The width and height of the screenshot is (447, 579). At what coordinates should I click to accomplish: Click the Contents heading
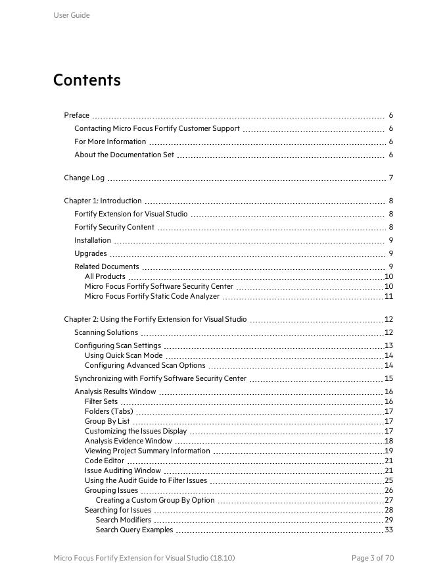[x=87, y=80]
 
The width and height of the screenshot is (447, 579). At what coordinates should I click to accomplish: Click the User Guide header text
[x=72, y=15]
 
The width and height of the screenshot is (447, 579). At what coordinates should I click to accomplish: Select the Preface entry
[x=76, y=115]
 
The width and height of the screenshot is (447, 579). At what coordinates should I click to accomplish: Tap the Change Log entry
[x=84, y=178]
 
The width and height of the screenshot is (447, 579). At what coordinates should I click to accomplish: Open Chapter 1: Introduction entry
[x=103, y=201]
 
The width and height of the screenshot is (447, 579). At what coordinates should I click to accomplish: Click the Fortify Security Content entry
[x=114, y=227]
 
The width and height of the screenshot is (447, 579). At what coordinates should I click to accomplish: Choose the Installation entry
[x=93, y=240]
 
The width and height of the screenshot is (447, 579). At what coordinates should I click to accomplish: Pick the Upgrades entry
[x=91, y=253]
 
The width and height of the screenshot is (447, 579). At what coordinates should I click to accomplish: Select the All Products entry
[x=105, y=276]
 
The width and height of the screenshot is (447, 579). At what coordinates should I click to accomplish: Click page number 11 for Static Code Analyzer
[x=388, y=296]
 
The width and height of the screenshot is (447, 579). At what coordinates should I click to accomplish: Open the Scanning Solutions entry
[x=106, y=332]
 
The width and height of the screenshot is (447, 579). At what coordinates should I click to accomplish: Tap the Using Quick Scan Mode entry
[x=124, y=355]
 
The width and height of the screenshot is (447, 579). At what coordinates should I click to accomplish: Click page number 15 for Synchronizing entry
[x=388, y=378]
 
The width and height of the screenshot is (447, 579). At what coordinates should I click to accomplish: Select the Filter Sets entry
[x=101, y=401]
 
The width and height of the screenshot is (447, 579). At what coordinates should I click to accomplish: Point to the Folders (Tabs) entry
[x=109, y=411]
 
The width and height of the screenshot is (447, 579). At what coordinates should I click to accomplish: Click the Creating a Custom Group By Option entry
[x=155, y=500]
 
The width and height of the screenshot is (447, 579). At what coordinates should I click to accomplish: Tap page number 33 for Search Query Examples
[x=388, y=530]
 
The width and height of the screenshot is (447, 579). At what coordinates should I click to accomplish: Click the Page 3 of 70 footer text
[x=373, y=558]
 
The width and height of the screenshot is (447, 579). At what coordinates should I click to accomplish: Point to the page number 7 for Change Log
[x=390, y=178]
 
